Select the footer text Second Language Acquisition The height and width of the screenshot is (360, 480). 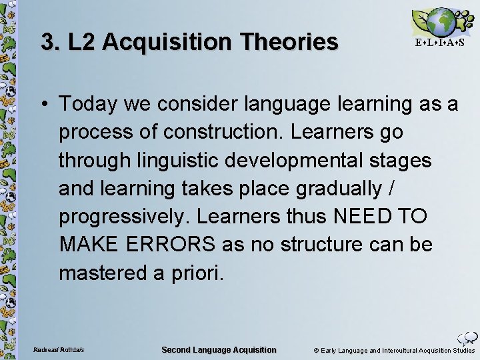click(219, 350)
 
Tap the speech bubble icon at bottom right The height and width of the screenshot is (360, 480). click(467, 338)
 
